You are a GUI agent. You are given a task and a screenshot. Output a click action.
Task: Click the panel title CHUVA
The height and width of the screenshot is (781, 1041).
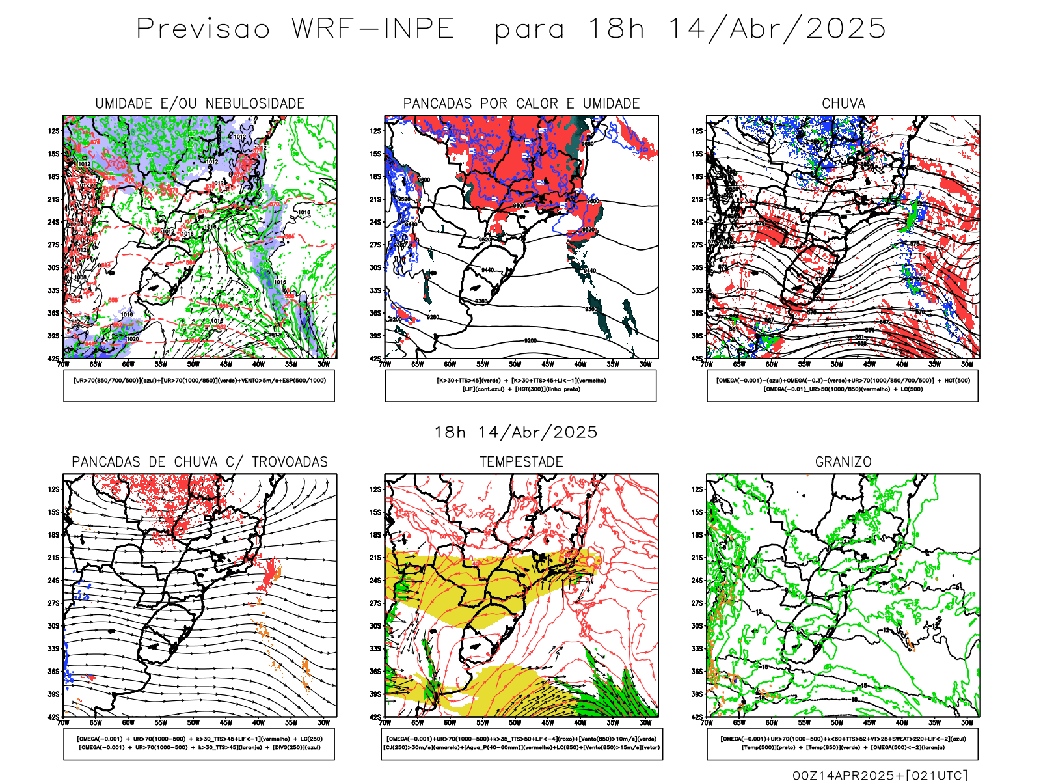[x=843, y=103]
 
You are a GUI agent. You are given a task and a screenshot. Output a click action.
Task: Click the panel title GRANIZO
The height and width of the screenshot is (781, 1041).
[x=843, y=462]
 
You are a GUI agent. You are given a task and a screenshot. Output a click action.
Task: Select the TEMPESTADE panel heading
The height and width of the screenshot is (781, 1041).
[x=521, y=462]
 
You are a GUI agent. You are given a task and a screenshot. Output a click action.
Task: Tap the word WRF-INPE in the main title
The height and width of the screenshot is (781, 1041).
[x=373, y=29]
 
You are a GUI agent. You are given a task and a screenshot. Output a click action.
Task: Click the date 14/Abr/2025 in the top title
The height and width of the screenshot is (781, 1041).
[x=777, y=29]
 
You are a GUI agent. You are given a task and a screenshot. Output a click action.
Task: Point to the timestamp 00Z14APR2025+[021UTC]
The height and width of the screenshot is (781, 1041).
[x=880, y=774]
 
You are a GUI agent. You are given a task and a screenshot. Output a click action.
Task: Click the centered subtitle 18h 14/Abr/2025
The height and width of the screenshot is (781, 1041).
[x=516, y=432]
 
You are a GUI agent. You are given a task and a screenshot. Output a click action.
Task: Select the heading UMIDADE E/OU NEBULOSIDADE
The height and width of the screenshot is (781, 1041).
[x=200, y=103]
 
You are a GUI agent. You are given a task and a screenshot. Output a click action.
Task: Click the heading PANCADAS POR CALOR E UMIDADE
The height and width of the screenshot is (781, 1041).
[x=521, y=103]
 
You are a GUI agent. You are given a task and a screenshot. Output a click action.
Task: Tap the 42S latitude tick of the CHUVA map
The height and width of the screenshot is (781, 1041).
[x=697, y=359]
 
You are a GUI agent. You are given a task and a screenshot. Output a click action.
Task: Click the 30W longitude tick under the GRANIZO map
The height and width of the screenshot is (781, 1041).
[x=967, y=722]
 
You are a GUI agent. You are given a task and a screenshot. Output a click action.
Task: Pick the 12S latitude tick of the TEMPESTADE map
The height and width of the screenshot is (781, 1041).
[x=376, y=489]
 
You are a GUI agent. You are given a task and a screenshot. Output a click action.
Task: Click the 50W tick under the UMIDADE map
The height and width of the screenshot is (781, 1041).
[x=193, y=364]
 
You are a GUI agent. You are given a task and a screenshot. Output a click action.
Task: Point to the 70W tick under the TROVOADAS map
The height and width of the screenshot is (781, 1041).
[x=63, y=722]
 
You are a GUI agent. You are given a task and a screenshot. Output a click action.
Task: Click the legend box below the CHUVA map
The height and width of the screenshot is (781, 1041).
[x=843, y=385]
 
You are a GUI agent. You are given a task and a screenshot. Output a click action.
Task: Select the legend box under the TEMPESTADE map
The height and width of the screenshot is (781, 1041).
[x=521, y=743]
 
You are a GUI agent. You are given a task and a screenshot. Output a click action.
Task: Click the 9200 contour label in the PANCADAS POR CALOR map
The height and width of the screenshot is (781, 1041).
[x=530, y=340]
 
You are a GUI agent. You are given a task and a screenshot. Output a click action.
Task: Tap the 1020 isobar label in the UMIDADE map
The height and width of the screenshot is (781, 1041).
[x=132, y=338]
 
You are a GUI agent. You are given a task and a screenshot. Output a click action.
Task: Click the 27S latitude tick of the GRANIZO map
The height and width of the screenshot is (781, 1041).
[x=697, y=603]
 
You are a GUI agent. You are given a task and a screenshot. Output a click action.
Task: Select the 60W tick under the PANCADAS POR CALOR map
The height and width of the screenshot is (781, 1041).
[x=450, y=364]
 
